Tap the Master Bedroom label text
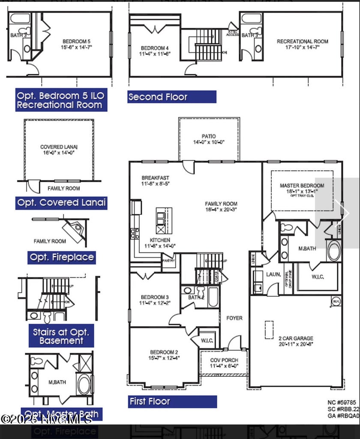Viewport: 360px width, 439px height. click(302, 186)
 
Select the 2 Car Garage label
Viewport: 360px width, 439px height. click(296, 338)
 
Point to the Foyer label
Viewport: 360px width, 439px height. click(234, 318)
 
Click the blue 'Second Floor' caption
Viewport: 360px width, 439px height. click(158, 97)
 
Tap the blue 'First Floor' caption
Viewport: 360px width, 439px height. click(150, 402)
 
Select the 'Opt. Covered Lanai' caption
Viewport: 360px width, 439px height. click(61, 203)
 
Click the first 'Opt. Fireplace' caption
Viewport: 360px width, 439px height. click(62, 257)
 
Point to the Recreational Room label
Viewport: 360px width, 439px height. click(302, 42)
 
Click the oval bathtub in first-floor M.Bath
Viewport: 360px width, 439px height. click(334, 251)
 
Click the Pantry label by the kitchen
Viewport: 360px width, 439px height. click(168, 260)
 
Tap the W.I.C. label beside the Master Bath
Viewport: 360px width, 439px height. click(318, 277)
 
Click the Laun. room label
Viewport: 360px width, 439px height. click(273, 274)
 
